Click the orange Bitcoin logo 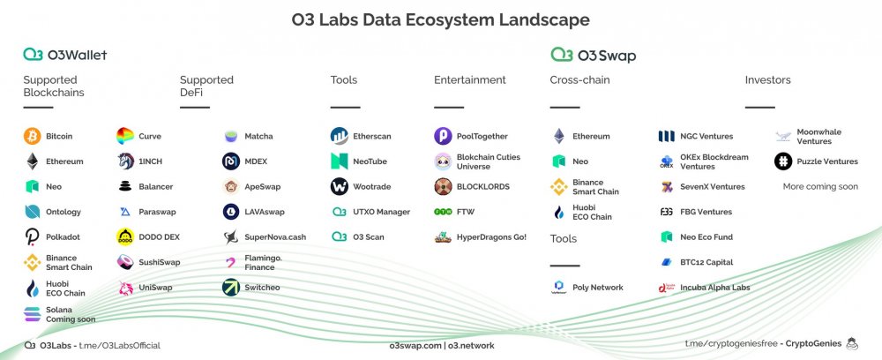click(32, 136)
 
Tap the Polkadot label click(63, 237)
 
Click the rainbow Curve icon click(125, 136)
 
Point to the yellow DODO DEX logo click(125, 236)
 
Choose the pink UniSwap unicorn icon click(125, 288)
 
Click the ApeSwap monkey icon click(230, 187)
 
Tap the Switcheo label click(262, 288)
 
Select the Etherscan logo click(340, 136)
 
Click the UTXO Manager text click(381, 212)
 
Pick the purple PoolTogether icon click(443, 136)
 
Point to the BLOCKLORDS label click(483, 187)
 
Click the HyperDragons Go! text click(491, 237)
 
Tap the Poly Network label click(598, 288)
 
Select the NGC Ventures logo click(666, 136)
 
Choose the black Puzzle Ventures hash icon click(783, 161)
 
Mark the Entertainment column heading click(470, 80)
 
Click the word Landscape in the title click(544, 19)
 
